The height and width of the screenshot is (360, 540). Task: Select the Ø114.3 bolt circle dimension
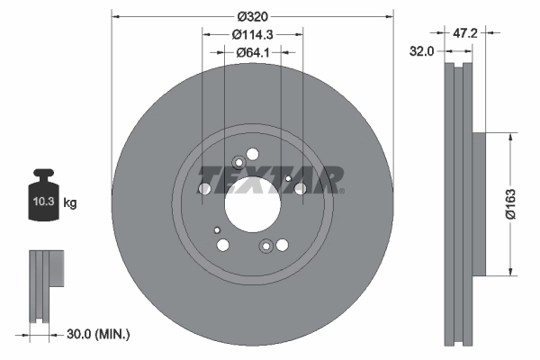tap(252, 34)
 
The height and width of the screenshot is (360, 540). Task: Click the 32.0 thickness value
tap(422, 52)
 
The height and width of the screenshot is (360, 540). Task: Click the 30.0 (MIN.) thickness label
tap(99, 335)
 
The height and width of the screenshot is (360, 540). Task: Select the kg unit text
tap(70, 203)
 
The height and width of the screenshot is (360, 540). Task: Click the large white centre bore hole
tap(253, 206)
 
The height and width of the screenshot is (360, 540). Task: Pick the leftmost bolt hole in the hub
tap(205, 188)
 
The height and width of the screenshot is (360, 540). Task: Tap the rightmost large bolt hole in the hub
tap(298, 188)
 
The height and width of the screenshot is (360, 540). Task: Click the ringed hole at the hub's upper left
tap(238, 163)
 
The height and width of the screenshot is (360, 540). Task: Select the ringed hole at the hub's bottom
tap(266, 246)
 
